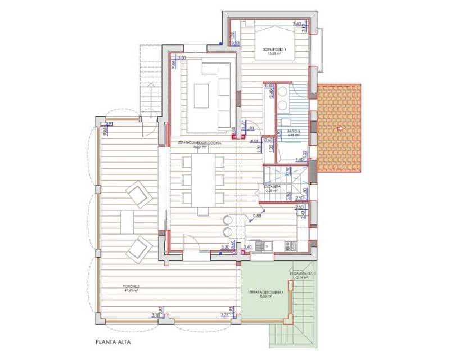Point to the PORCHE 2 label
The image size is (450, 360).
point(130,288)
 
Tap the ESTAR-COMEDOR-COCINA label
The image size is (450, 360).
point(200,143)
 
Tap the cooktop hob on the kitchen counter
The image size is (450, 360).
point(291,246)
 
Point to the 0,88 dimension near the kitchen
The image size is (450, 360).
point(257,215)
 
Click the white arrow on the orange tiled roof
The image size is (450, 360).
point(339,129)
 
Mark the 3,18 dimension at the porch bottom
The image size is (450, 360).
point(156,316)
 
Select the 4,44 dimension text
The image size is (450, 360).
point(254,141)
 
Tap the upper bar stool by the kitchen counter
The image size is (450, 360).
point(228,219)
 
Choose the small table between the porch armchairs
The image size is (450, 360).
point(127,221)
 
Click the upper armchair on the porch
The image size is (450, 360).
point(138,195)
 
